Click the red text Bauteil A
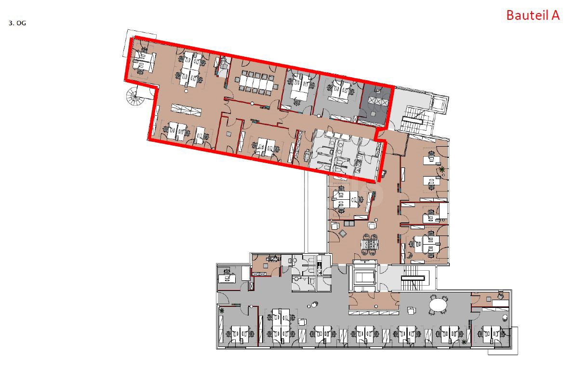point(533,15)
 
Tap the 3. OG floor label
point(17,22)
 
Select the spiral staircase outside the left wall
point(136,98)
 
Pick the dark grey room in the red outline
point(375,102)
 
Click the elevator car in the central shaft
point(364,276)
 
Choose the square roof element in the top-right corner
point(440,103)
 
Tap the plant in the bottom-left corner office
point(222,311)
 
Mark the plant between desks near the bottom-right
point(464,342)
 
